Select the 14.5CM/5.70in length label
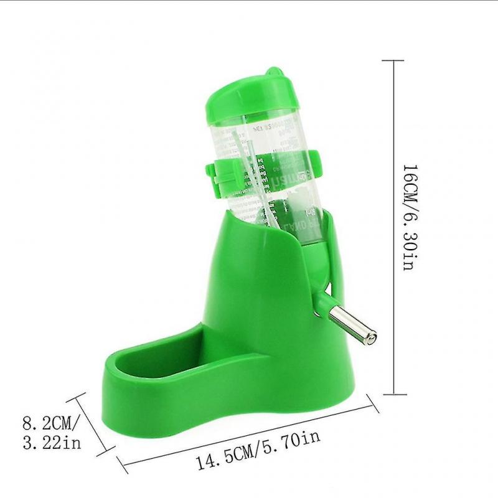(258, 446)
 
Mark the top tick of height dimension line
(393, 60)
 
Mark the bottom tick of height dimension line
(393, 393)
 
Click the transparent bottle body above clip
(261, 134)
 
